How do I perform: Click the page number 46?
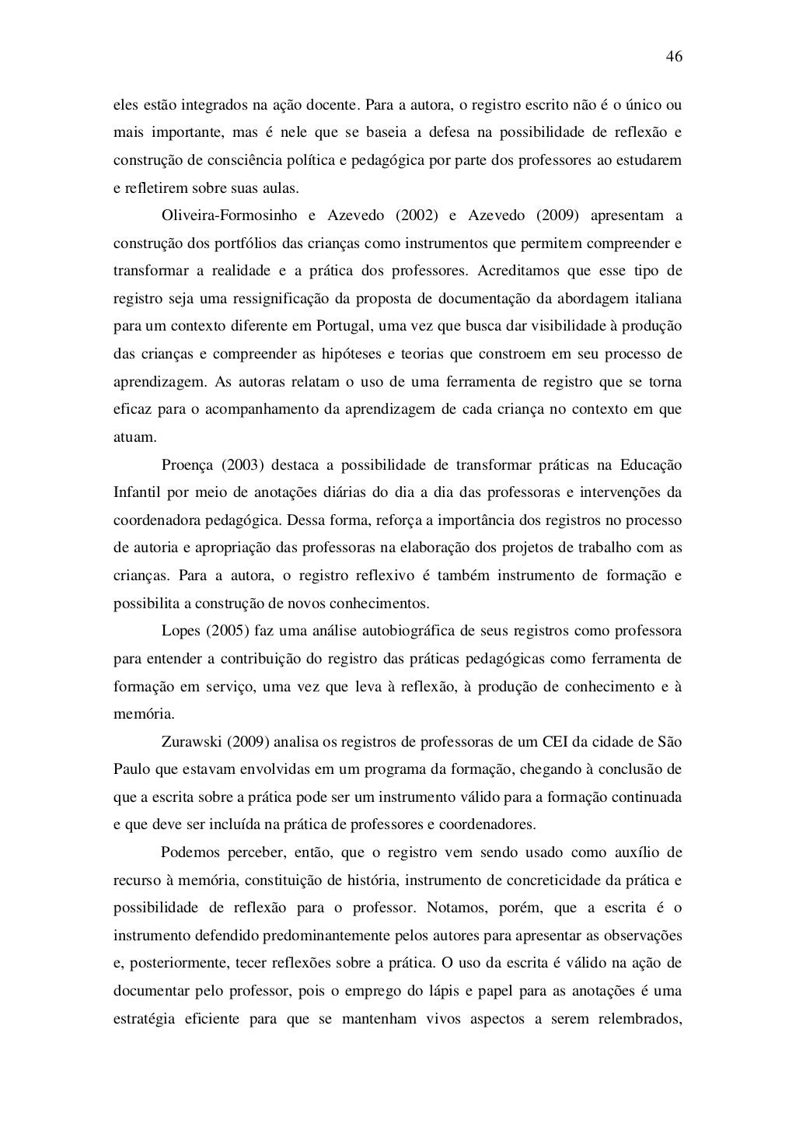(674, 58)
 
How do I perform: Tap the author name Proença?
(187, 465)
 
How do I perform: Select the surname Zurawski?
(194, 741)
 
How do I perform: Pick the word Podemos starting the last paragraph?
(191, 852)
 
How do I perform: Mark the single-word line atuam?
(130, 437)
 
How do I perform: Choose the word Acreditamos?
(516, 271)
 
